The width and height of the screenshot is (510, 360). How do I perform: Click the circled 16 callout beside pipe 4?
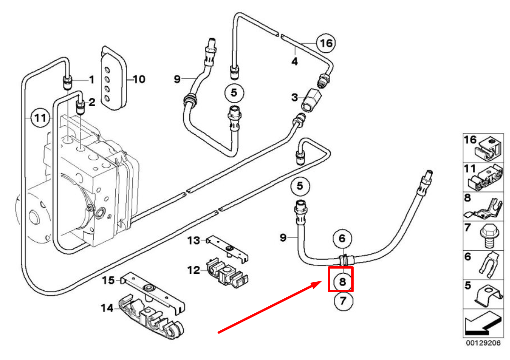[x=326, y=43]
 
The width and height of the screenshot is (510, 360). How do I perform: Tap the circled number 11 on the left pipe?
[x=40, y=117]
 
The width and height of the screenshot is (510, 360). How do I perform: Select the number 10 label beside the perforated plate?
[x=138, y=79]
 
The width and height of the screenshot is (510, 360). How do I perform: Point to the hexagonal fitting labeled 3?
[x=311, y=100]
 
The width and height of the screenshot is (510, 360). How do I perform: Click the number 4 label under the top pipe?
[x=294, y=61]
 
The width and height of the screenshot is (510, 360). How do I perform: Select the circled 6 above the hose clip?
[x=342, y=239]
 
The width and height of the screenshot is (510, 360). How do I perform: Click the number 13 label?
[x=194, y=241]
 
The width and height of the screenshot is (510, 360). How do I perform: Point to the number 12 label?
[x=194, y=270]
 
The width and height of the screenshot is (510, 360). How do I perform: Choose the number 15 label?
[x=108, y=281]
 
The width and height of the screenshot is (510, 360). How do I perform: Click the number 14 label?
[x=107, y=309]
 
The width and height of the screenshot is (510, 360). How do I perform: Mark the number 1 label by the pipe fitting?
[x=92, y=80]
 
